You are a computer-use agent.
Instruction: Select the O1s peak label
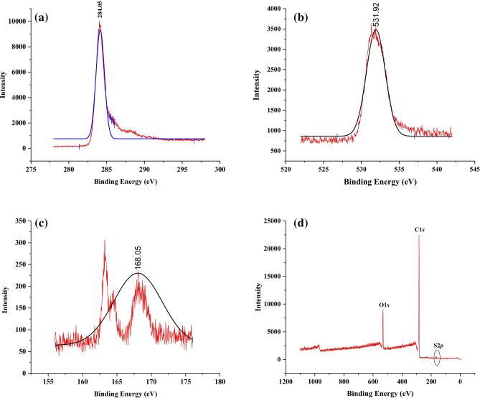(384, 305)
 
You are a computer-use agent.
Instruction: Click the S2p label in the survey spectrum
(439, 344)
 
